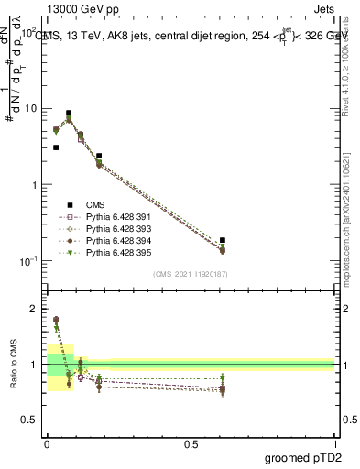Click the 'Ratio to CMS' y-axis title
click(x=15, y=365)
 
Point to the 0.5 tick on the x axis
click(x=191, y=443)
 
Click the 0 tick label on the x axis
click(x=47, y=443)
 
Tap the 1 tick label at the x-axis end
click(x=335, y=443)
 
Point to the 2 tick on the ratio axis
click(x=35, y=310)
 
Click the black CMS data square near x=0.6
click(x=223, y=240)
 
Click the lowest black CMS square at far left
click(x=56, y=147)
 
